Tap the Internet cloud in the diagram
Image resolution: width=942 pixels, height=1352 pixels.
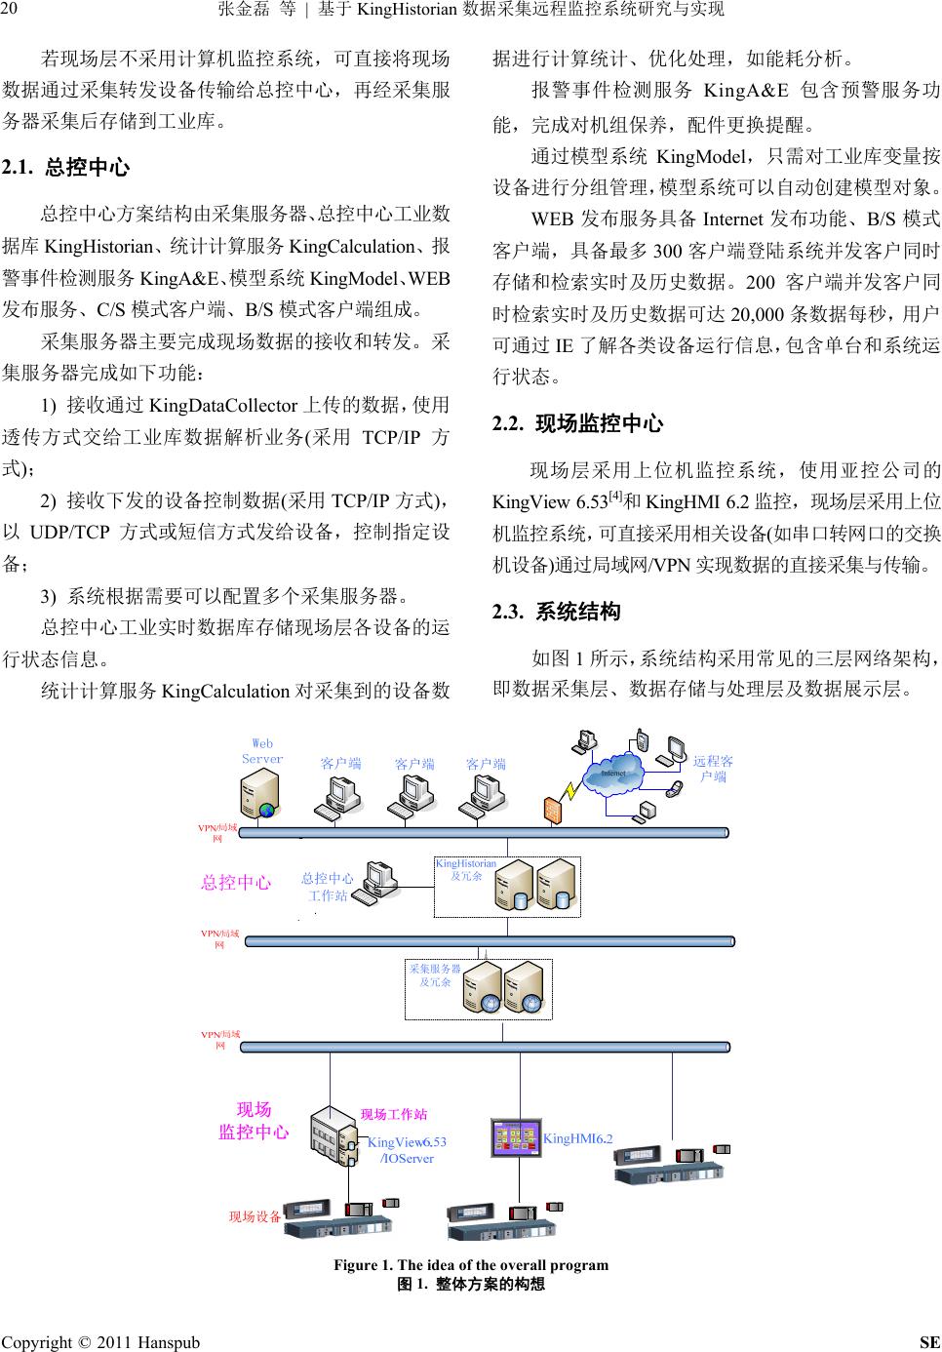pos(613,774)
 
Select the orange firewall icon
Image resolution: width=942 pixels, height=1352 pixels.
pos(554,811)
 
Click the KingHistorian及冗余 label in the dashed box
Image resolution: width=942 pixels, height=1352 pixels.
pos(465,869)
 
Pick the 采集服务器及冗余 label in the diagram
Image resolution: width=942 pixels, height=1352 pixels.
pos(435,975)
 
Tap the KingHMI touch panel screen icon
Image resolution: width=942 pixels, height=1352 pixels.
pos(516,1137)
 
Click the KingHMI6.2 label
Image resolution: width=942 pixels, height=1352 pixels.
pos(578,1138)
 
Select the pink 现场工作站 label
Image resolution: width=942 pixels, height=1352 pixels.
pos(394,1114)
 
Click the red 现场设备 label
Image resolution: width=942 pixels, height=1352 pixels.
pos(255,1216)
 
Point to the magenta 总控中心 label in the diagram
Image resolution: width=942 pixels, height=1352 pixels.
pos(236,882)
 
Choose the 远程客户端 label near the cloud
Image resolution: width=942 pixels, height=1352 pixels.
pos(713,769)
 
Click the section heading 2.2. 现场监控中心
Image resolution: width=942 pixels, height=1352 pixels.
pos(578,423)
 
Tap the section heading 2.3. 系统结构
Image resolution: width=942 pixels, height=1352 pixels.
pos(557,613)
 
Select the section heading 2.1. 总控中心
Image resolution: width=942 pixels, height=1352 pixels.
pos(66,167)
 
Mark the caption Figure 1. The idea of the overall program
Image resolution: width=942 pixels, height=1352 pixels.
pos(471,1265)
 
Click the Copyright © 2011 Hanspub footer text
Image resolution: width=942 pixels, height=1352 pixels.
pos(100,1342)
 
